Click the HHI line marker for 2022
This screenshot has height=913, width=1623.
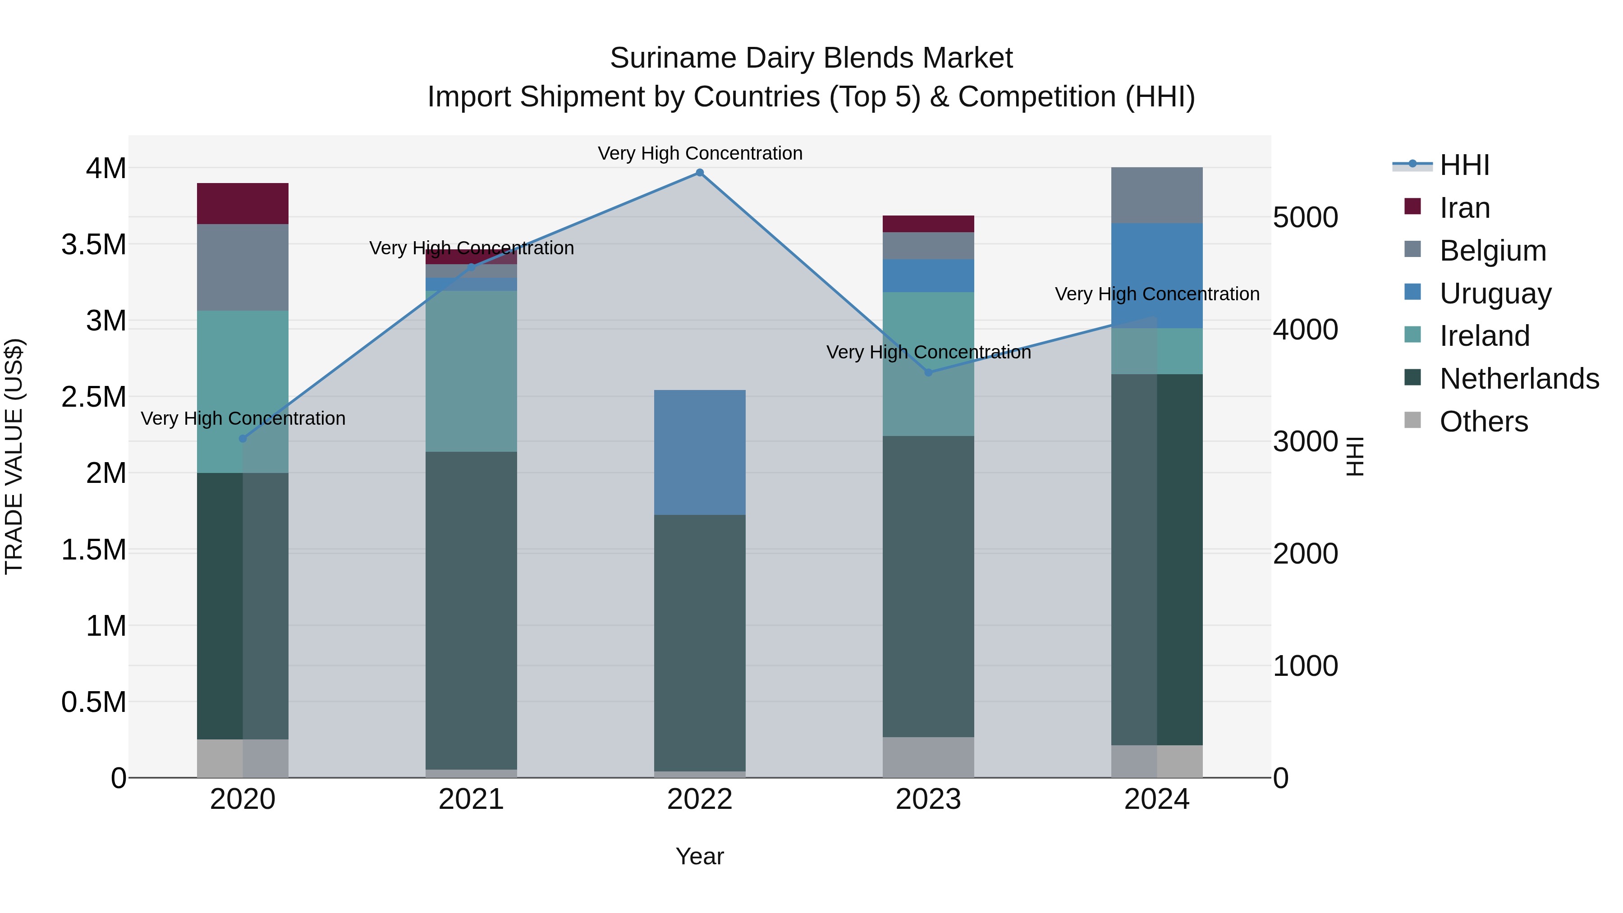(699, 173)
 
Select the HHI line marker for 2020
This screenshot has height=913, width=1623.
(243, 439)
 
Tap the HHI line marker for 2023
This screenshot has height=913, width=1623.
(928, 372)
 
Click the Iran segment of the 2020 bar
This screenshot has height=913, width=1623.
(243, 203)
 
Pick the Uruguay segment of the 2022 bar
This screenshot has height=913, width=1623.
(699, 452)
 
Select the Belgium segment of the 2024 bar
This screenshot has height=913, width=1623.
(1157, 195)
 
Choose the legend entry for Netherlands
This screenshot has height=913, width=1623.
(1518, 379)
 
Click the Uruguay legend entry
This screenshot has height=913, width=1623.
(1495, 294)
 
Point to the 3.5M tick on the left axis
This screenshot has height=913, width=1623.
(93, 244)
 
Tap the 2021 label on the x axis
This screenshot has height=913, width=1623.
(471, 799)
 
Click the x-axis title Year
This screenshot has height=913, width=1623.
(699, 856)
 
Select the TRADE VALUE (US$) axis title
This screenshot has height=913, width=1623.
(14, 456)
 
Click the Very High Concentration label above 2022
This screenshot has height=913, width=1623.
(699, 153)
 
